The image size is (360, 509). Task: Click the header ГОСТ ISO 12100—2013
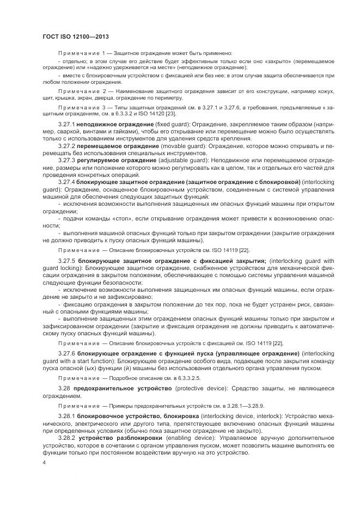click(74, 36)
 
